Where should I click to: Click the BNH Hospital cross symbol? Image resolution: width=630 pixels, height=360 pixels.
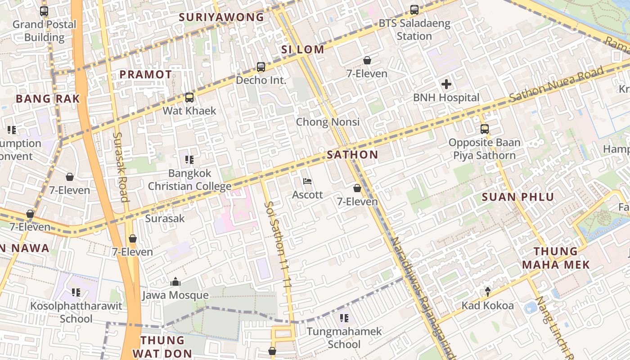pyautogui.click(x=446, y=84)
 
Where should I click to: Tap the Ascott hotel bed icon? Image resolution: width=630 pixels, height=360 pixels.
pyautogui.click(x=308, y=181)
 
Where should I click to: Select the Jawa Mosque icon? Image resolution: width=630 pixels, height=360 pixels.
pyautogui.click(x=175, y=282)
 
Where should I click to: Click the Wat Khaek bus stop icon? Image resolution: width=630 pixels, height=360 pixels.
pyautogui.click(x=189, y=97)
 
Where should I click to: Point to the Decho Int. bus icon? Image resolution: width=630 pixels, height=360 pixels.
pyautogui.click(x=261, y=67)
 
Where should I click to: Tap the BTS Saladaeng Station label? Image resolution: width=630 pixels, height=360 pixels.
pyautogui.click(x=414, y=30)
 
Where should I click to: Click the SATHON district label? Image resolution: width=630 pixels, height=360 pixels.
pyautogui.click(x=352, y=155)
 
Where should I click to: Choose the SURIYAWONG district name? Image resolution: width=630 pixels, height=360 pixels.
pyautogui.click(x=221, y=18)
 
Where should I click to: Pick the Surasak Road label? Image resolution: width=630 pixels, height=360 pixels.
pyautogui.click(x=121, y=166)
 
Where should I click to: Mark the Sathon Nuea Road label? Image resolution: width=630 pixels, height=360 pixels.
pyautogui.click(x=556, y=84)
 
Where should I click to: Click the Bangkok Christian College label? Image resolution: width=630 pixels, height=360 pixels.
pyautogui.click(x=189, y=180)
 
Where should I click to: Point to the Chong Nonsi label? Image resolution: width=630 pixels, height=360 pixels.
pyautogui.click(x=328, y=122)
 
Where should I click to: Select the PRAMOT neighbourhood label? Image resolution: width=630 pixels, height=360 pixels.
pyautogui.click(x=145, y=75)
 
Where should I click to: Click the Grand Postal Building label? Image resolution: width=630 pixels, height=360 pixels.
pyautogui.click(x=44, y=31)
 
